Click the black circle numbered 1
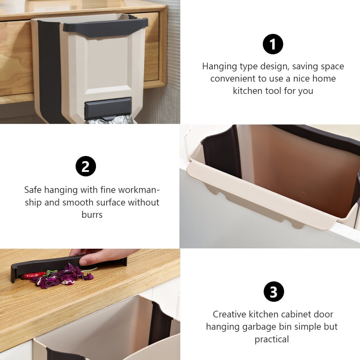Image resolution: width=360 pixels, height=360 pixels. pyautogui.click(x=273, y=44)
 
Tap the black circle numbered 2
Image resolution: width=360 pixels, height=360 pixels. pyautogui.click(x=86, y=166)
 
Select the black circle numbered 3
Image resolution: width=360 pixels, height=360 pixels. pyautogui.click(x=274, y=292)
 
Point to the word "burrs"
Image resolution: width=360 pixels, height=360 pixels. pyautogui.click(x=92, y=215)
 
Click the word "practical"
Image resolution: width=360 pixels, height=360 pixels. pyautogui.click(x=272, y=339)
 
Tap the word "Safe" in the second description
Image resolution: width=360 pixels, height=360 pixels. pyautogui.click(x=33, y=190)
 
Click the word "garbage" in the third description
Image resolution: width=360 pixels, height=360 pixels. pyautogui.click(x=259, y=327)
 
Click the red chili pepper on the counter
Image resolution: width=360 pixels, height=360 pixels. pyautogui.click(x=33, y=275)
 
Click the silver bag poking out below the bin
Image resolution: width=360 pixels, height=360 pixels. pyautogui.click(x=110, y=120)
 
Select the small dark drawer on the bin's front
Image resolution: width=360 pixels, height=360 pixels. pyautogui.click(x=108, y=108)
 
